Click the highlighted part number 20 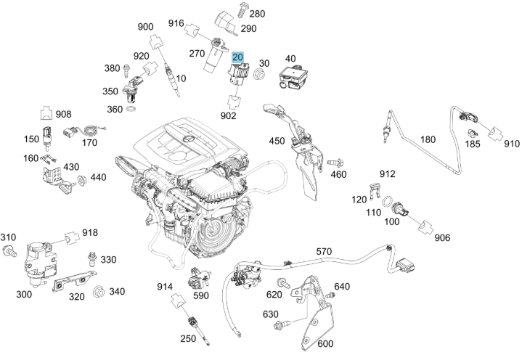click(x=238, y=56)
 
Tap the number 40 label click(x=290, y=59)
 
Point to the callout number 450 click(x=277, y=141)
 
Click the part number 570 click(x=325, y=252)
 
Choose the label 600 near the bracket click(x=325, y=344)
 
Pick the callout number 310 click(x=8, y=237)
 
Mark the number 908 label click(x=63, y=114)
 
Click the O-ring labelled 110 click(x=389, y=200)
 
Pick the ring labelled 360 click(x=131, y=109)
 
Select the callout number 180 click(x=428, y=139)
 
